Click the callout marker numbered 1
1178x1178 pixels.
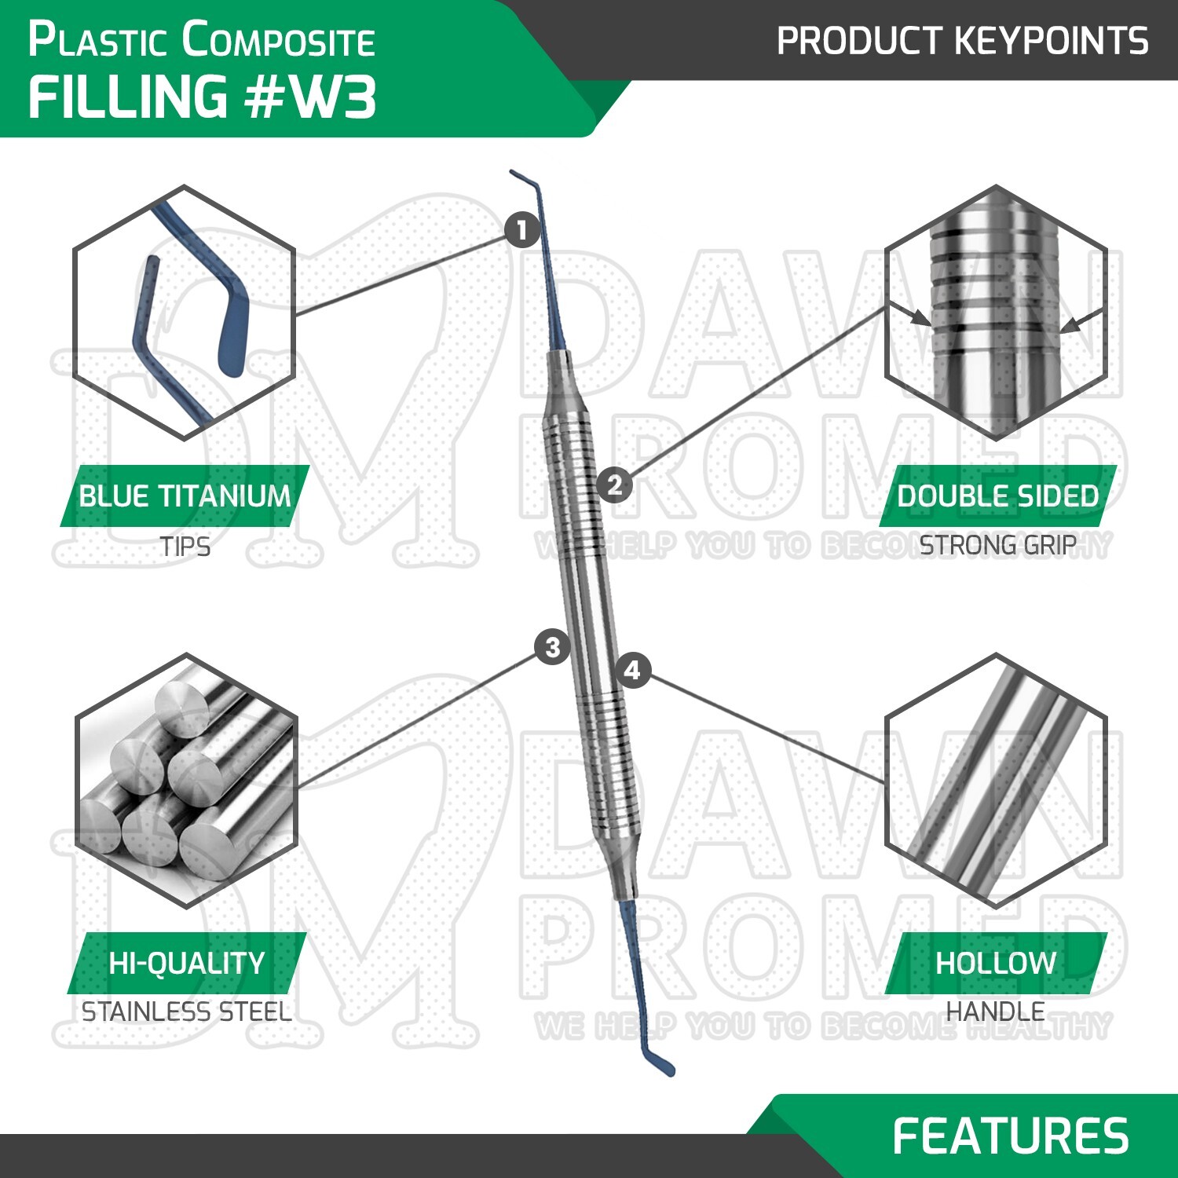click(x=522, y=231)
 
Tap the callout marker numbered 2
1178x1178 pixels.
click(x=614, y=484)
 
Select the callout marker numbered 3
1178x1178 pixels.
click(x=552, y=647)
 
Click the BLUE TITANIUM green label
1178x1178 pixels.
click(x=185, y=496)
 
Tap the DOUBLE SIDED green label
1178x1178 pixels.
click(x=997, y=496)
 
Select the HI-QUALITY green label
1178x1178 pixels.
click(x=187, y=963)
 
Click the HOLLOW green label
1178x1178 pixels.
click(x=996, y=963)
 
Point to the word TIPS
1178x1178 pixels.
click(x=185, y=547)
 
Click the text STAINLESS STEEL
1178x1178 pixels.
click(x=187, y=1012)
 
